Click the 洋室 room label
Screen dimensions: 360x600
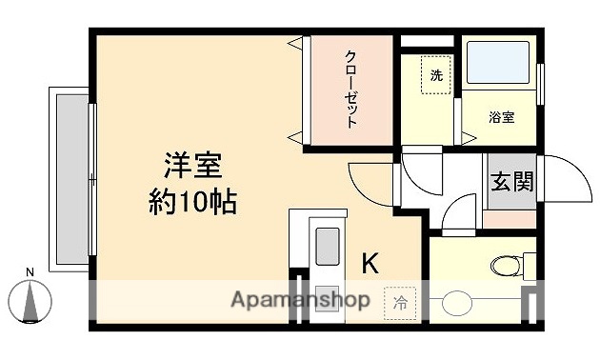click(192, 166)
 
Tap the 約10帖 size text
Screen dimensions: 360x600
click(192, 201)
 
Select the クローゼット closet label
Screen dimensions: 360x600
click(350, 90)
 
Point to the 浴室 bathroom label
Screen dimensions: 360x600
click(501, 117)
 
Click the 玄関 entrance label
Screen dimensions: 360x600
click(511, 180)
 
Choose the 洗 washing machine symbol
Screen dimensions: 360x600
click(436, 76)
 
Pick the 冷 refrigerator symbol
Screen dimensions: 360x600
click(399, 303)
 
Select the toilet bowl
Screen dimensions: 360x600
click(504, 264)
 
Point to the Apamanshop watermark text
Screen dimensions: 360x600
click(300, 300)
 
